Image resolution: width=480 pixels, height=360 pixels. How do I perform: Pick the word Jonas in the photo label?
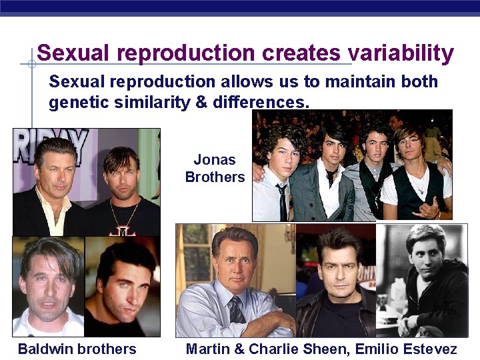coord(215,160)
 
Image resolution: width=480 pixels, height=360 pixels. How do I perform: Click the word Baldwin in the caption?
coord(45,349)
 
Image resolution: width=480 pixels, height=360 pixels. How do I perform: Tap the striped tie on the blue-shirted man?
coord(237,311)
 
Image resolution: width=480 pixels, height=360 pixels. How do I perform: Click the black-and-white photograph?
coord(421,280)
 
